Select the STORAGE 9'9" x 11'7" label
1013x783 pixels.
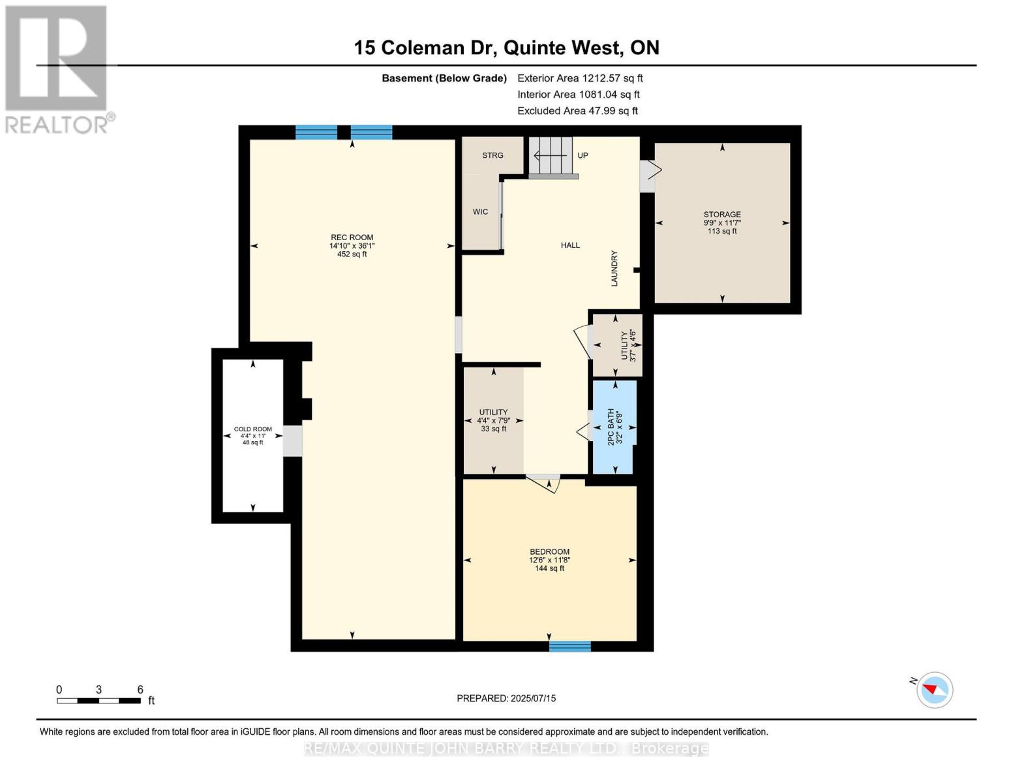pos(721,222)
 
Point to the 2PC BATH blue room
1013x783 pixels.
pos(614,427)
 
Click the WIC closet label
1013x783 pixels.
pos(480,212)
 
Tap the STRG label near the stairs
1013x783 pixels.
pos(492,155)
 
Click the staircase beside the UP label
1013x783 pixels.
pos(551,157)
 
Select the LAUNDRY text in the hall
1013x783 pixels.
pos(614,268)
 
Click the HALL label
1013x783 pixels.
pos(570,245)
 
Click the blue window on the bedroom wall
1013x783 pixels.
pos(569,646)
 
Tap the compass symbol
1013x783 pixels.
pos(934,690)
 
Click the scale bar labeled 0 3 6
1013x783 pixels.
pos(98,701)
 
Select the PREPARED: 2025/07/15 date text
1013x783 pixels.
pos(506,698)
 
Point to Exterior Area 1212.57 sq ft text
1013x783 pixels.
pos(580,78)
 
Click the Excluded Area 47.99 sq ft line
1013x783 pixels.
pos(577,111)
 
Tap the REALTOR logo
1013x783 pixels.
pos(57,69)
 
